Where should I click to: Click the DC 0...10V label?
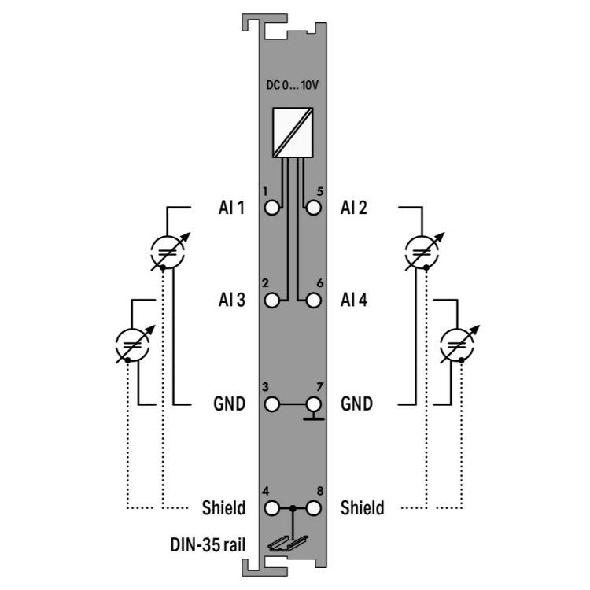pos(293,85)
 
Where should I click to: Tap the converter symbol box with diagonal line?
pos(293,132)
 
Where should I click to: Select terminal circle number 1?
pos(271,208)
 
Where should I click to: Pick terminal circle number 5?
pos(313,208)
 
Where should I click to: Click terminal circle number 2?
pos(271,301)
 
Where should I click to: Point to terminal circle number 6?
pos(313,301)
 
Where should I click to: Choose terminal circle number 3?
pos(271,404)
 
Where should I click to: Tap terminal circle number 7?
pos(313,404)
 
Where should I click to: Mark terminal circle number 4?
pos(271,508)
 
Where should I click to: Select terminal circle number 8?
pos(313,508)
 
